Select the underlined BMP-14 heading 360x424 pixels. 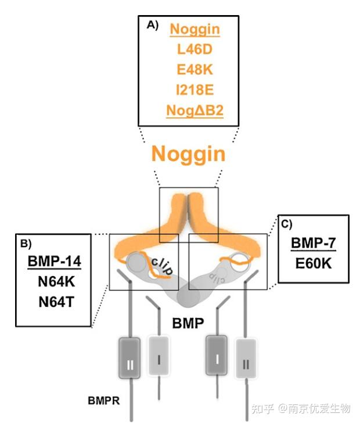(54, 261)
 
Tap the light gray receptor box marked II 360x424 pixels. (246, 363)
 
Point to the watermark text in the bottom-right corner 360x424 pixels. (301, 408)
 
